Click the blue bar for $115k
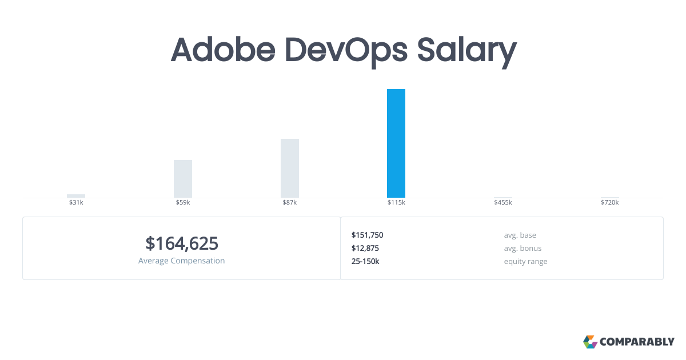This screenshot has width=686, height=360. click(x=396, y=143)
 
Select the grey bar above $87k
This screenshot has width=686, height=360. click(x=290, y=168)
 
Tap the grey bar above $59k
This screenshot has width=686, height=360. click(x=183, y=179)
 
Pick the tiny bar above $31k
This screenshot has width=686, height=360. click(x=76, y=196)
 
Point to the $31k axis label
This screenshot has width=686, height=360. click(x=76, y=203)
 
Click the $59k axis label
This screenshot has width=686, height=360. click(x=183, y=203)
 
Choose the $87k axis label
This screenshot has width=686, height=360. click(x=290, y=203)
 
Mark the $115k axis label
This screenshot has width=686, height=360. click(x=396, y=203)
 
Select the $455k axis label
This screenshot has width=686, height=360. click(x=503, y=203)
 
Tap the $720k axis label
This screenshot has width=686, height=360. click(x=610, y=203)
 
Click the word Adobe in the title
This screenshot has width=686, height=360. click(x=223, y=50)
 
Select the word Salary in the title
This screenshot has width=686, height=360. click(x=466, y=51)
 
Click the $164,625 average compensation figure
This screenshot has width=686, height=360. click(x=182, y=243)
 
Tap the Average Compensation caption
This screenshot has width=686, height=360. click(x=182, y=261)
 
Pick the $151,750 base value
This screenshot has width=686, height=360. click(x=367, y=235)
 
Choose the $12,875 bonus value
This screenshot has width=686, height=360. click(x=365, y=248)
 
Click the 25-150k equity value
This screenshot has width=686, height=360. click(x=365, y=261)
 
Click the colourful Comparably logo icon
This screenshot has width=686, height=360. click(x=590, y=342)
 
